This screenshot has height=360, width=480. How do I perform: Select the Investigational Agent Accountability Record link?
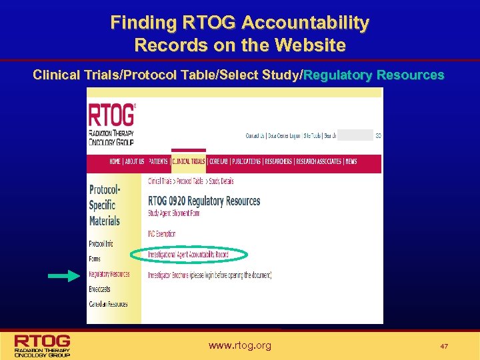(189, 254)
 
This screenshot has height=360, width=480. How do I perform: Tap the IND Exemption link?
(162, 234)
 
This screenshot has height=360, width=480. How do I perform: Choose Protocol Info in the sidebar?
(101, 243)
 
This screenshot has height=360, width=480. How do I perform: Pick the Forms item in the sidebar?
(94, 259)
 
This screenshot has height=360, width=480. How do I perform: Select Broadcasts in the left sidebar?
(100, 289)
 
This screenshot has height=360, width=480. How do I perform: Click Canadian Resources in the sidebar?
(108, 304)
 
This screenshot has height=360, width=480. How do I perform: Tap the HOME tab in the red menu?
(115, 161)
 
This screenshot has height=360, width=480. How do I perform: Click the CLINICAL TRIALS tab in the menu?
(188, 161)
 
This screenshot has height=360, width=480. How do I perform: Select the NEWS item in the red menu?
(351, 161)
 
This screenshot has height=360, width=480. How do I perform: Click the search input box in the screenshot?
(355, 135)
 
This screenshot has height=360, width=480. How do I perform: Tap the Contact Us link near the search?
(255, 136)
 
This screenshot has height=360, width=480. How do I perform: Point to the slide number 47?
(444, 347)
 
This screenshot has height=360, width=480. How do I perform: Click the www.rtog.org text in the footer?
(240, 345)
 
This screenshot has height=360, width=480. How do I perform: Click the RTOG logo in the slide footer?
(43, 345)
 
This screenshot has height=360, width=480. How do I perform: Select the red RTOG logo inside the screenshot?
(111, 123)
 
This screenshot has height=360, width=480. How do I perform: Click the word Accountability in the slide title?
(305, 23)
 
